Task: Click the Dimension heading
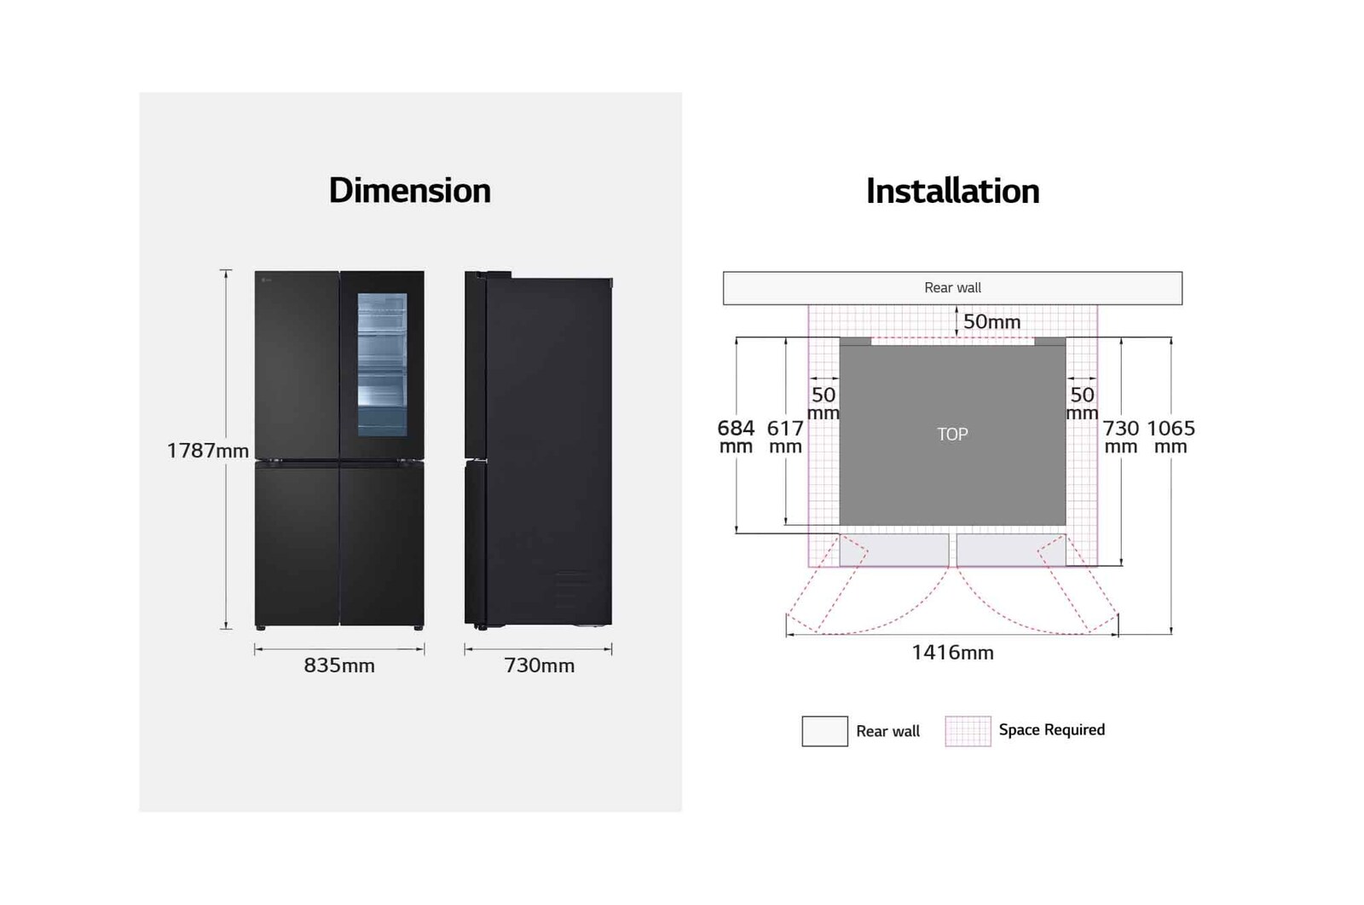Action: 409,191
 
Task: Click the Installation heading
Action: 952,192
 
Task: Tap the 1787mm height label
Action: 207,451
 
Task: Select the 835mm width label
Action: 339,666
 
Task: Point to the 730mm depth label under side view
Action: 539,666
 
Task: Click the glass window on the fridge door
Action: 382,364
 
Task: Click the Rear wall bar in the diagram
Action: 952,288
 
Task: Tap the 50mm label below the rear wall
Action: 991,322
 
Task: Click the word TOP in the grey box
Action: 952,435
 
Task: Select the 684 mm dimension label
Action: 736,436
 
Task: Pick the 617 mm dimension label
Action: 785,436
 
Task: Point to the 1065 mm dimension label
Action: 1170,436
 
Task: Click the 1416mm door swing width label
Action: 952,653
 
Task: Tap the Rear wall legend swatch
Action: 824,731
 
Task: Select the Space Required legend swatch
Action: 968,731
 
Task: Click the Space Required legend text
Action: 1051,730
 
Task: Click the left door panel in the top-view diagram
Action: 893,550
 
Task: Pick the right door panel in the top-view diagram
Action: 1010,550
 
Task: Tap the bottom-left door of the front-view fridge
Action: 297,544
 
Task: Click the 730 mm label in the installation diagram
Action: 1121,436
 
